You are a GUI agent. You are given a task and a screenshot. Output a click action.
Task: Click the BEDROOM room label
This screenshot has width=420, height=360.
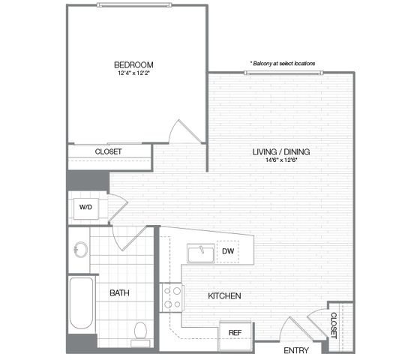tap(133, 64)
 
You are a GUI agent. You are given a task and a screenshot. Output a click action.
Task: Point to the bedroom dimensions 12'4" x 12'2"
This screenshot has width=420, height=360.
tap(133, 73)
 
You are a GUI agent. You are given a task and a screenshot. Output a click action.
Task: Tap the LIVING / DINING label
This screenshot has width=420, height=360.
tap(281, 151)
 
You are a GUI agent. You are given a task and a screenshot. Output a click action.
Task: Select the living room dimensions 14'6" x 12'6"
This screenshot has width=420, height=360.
tap(281, 160)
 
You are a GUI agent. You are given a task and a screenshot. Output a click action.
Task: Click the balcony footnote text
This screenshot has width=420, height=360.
tap(283, 64)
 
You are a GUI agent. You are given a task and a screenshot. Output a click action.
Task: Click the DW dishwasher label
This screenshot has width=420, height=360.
tap(228, 251)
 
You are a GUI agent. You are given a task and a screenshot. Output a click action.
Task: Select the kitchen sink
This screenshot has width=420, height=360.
tap(201, 253)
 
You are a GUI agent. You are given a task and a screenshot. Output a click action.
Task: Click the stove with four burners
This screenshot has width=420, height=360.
tap(172, 297)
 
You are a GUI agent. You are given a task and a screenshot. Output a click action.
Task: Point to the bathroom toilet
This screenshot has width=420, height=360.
tap(140, 334)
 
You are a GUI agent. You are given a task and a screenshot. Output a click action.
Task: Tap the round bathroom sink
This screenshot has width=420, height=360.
tap(81, 250)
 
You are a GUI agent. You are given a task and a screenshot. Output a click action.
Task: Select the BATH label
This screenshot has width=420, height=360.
tap(119, 293)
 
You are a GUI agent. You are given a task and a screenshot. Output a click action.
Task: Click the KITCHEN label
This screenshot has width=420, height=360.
tap(224, 296)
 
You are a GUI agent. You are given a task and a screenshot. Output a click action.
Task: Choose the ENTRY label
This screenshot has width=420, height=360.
tap(296, 350)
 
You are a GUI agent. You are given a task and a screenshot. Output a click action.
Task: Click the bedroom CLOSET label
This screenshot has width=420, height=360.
tap(109, 151)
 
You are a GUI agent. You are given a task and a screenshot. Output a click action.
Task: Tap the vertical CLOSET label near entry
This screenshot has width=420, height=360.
tap(334, 325)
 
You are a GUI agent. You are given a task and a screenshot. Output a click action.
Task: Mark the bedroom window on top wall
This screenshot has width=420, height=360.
tap(134, 4)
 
